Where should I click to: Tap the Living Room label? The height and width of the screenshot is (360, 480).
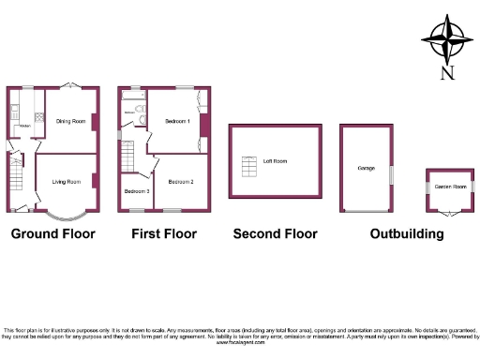point(66,181)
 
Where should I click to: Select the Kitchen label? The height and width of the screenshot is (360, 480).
point(24,126)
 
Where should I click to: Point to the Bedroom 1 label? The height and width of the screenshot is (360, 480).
point(178,121)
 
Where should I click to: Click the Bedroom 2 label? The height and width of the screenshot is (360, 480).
point(181,181)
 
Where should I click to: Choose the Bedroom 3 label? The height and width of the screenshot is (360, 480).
point(136,191)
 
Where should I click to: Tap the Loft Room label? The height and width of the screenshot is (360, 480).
point(275,161)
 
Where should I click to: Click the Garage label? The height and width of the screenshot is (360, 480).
point(366,168)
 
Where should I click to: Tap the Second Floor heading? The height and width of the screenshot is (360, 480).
point(276,233)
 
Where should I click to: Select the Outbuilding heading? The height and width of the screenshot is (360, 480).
point(406,233)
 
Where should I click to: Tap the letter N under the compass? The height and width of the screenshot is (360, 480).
point(446,74)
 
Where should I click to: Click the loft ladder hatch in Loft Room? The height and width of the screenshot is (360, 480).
point(249,167)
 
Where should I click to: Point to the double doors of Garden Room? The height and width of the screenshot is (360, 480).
point(449,212)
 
